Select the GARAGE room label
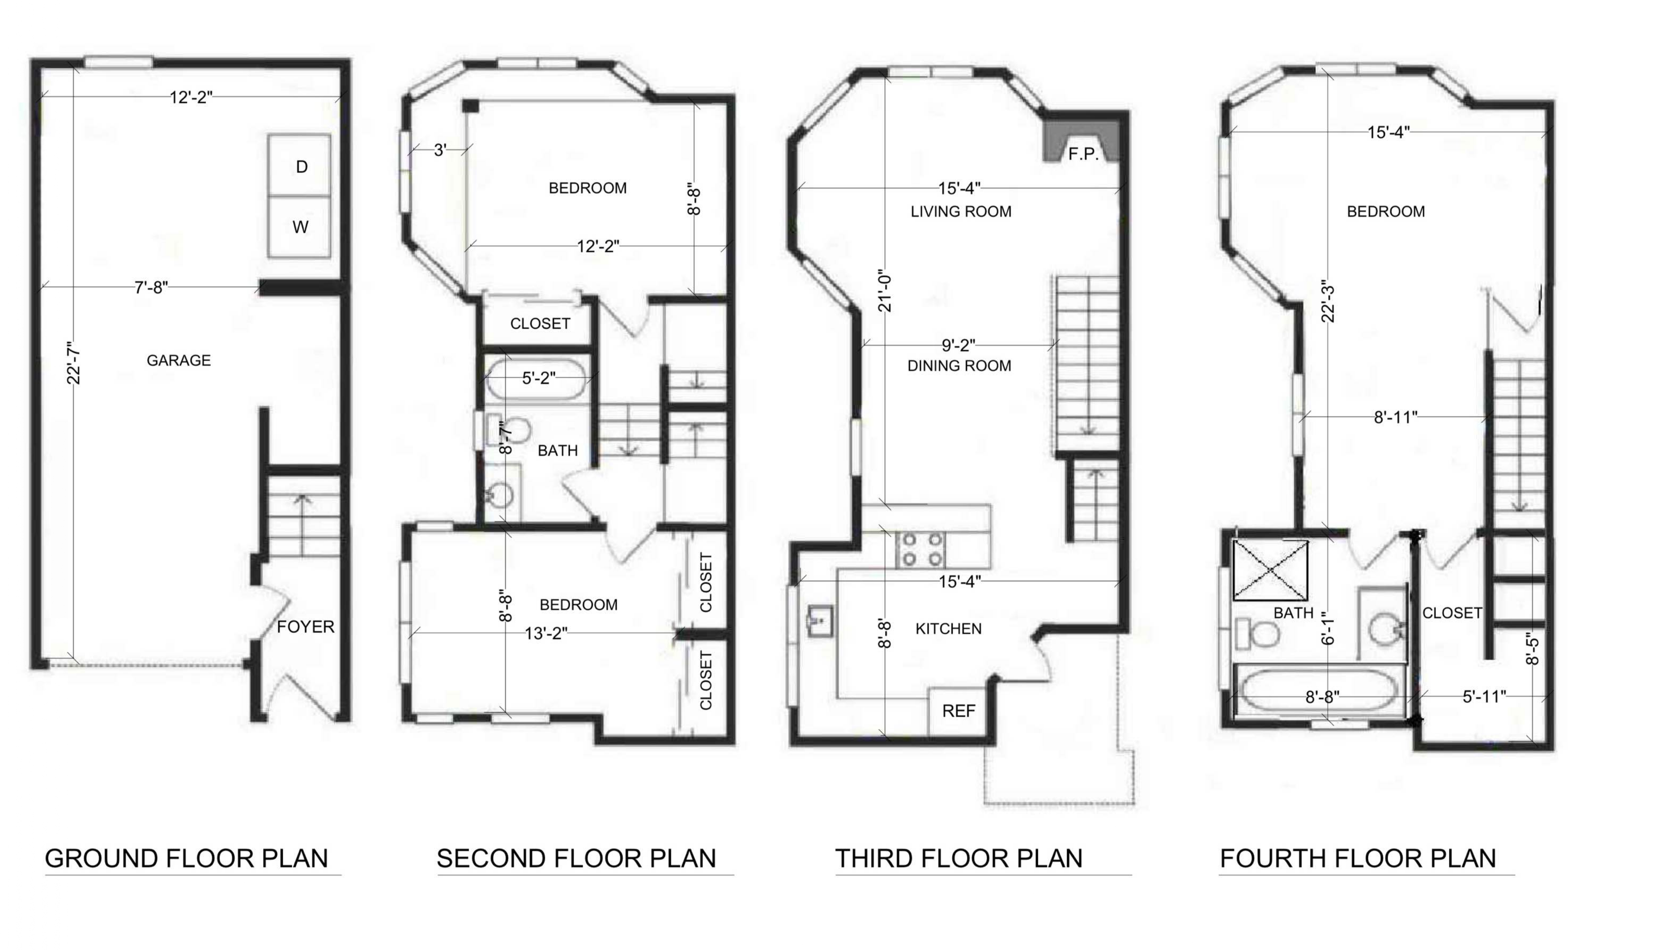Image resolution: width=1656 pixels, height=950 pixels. tap(179, 360)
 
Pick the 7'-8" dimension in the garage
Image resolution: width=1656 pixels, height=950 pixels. tap(151, 287)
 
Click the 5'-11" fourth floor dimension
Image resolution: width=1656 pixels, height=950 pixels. tap(1485, 697)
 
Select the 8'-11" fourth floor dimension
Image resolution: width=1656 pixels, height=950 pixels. tap(1396, 418)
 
